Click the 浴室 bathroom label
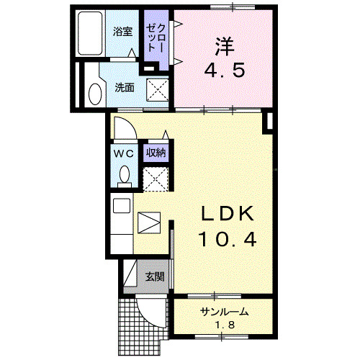pos(122,32)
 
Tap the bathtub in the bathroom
pos(92,34)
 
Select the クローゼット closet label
pos(156,37)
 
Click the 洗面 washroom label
pos(124,89)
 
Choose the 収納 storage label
pos(156,153)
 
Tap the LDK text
pos(226,214)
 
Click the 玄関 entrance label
pos(153,276)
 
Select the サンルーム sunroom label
pos(224,312)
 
